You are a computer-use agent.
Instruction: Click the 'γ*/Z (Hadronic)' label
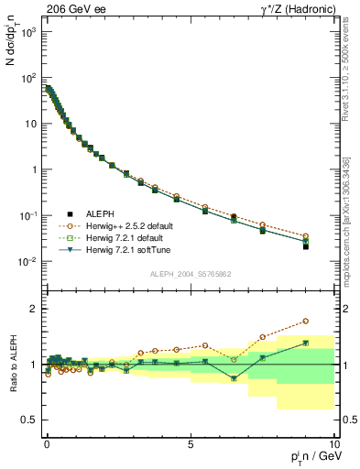(298, 8)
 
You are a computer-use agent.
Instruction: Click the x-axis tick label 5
(190, 443)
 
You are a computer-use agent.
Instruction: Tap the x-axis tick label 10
(333, 443)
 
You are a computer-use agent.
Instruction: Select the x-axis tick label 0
(47, 443)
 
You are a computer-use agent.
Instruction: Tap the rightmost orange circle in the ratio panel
(332, 321)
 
